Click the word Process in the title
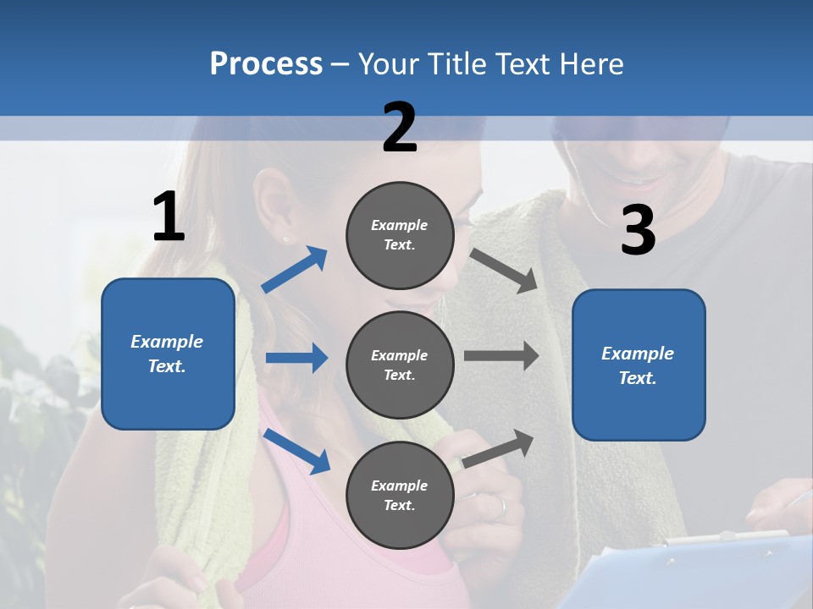click(266, 63)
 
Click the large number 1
click(169, 217)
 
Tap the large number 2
click(400, 127)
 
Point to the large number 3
click(638, 231)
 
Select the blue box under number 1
click(168, 354)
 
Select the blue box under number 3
click(639, 365)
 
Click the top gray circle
click(400, 235)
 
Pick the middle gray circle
click(400, 365)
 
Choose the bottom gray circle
click(400, 495)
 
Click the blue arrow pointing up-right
click(295, 270)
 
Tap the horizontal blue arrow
click(296, 358)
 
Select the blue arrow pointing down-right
click(297, 451)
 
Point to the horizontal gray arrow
click(501, 355)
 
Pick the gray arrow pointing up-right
click(499, 448)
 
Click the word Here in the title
click(592, 63)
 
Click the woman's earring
click(285, 239)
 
